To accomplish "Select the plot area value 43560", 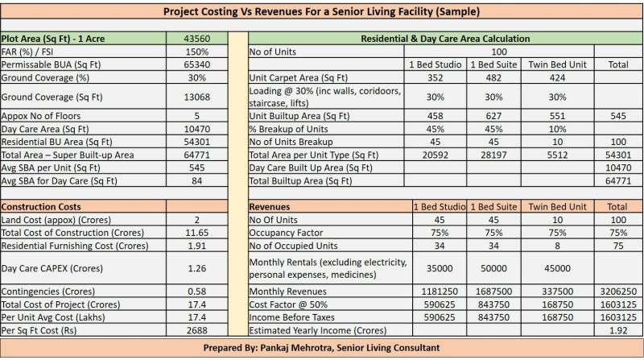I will (x=197, y=38).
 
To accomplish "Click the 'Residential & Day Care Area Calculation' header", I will (x=444, y=38).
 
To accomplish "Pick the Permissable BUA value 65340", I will (x=197, y=64).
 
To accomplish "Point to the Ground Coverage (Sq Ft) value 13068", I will (x=197, y=97).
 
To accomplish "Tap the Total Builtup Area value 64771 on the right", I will (x=619, y=181).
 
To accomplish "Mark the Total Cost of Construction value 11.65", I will (x=197, y=233).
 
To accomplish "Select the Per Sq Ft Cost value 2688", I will (x=197, y=330).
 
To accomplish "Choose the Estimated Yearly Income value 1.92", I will (x=619, y=330).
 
